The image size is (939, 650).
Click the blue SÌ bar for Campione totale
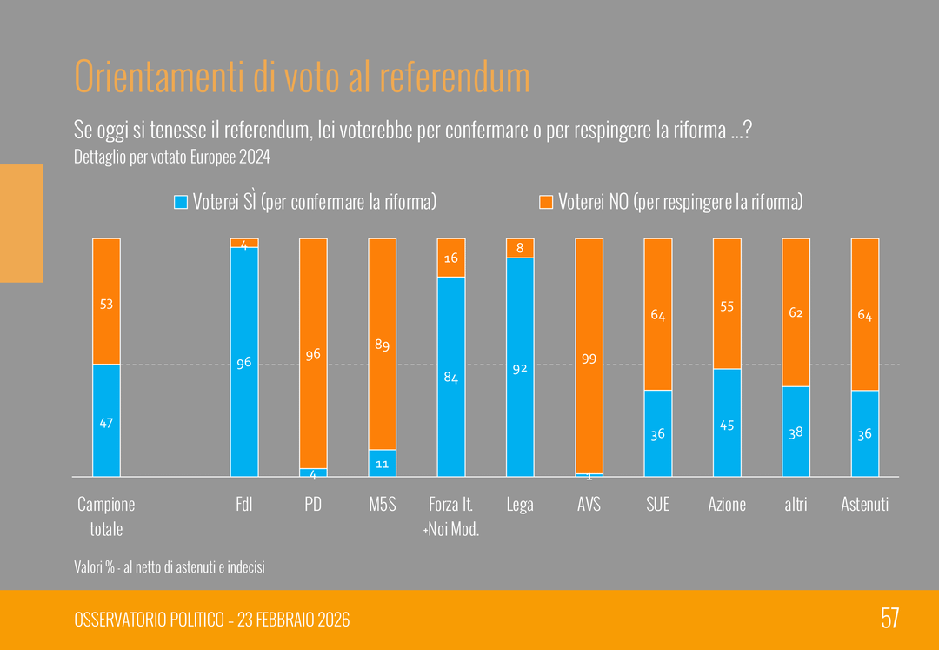click(106, 420)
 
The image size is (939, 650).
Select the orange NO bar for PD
click(313, 353)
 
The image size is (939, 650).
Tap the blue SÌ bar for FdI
click(244, 362)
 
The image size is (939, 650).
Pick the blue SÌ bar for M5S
click(382, 463)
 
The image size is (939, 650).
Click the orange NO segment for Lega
click(520, 248)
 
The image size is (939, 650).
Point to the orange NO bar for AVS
click(589, 356)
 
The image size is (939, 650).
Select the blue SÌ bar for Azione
click(727, 423)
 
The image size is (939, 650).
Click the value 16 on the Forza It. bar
click(450, 258)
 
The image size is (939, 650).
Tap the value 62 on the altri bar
click(796, 312)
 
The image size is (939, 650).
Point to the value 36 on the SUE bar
click(658, 433)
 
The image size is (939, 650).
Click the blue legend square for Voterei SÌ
click(181, 202)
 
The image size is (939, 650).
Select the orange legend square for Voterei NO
click(546, 202)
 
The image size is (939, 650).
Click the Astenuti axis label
click(864, 504)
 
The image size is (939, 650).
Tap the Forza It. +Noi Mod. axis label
click(450, 516)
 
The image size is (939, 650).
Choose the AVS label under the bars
click(589, 504)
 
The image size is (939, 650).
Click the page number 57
click(889, 619)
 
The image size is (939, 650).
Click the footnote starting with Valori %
click(170, 567)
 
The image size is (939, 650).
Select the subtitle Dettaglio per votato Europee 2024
click(172, 157)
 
